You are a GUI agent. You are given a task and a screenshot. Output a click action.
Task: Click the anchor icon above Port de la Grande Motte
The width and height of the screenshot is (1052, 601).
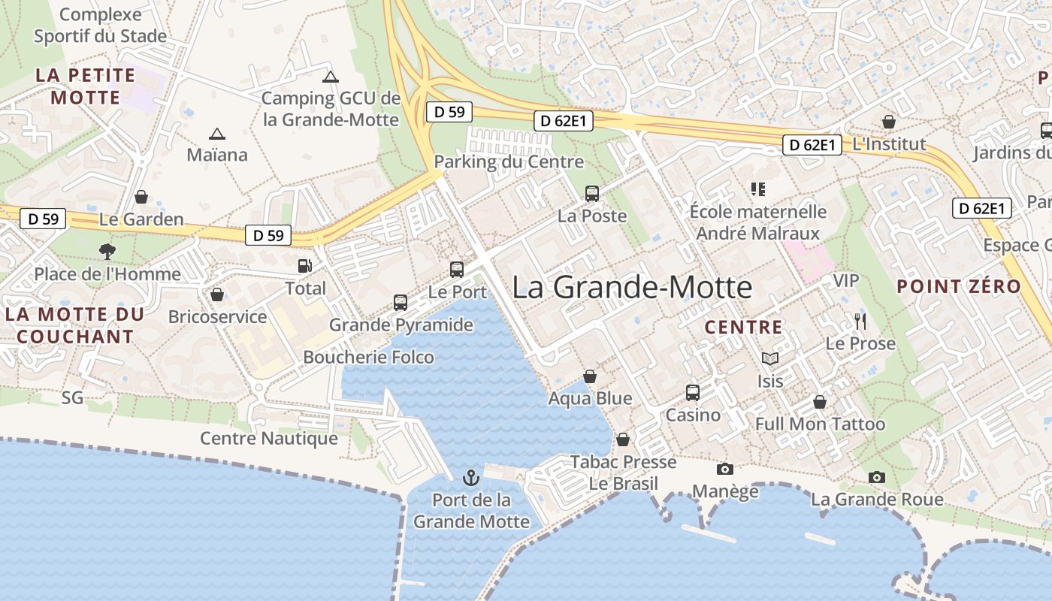[x=470, y=478]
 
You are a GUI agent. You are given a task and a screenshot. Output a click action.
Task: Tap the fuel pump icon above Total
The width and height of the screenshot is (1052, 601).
[x=305, y=266]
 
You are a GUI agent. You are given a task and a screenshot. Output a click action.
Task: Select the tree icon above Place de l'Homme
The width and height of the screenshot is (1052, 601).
[x=107, y=251]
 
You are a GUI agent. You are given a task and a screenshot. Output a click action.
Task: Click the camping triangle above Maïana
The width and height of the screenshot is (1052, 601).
[x=217, y=134]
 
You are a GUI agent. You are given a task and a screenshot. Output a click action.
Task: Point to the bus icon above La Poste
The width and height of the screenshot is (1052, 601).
[x=592, y=194]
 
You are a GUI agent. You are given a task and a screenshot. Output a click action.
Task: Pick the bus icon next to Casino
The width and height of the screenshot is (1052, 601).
[x=693, y=393]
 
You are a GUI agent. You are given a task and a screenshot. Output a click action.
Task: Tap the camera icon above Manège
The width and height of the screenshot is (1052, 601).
[x=725, y=470]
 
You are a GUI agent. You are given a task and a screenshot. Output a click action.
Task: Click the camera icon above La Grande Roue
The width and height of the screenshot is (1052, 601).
[x=877, y=477]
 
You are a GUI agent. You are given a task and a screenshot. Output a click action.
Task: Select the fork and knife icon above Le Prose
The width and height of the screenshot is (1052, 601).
[x=860, y=322]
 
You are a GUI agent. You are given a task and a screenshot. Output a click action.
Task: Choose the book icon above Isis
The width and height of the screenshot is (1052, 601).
[x=770, y=359]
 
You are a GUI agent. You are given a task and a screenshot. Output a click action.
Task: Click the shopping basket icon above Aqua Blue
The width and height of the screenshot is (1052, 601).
[x=591, y=376]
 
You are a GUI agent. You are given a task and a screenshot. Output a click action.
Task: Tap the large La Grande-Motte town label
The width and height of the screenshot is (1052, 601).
[x=632, y=287]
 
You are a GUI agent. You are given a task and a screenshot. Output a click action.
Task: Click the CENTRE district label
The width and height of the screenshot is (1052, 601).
[x=744, y=327]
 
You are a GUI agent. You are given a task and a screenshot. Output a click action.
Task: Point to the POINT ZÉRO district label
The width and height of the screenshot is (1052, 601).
[x=959, y=286]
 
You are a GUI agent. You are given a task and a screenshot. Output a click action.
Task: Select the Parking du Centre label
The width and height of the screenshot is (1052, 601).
[x=509, y=162]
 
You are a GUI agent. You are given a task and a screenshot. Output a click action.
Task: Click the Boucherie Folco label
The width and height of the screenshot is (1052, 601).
[x=368, y=357]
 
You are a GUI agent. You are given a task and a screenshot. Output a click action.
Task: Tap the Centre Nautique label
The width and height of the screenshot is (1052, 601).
[x=269, y=438]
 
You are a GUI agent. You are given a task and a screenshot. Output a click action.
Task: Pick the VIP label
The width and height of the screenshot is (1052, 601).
[x=846, y=280]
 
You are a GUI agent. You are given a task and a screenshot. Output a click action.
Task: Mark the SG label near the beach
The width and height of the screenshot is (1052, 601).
[x=73, y=397]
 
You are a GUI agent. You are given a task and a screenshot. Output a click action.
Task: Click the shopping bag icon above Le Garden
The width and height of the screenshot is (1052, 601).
[x=141, y=197]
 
